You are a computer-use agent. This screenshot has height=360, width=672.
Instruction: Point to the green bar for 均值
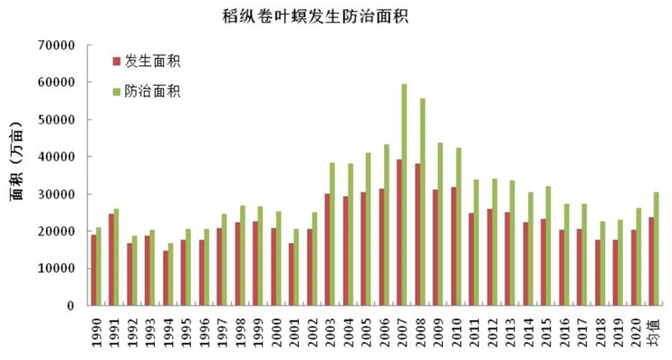[x=656, y=249]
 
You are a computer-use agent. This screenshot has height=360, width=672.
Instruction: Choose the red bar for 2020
[x=633, y=268]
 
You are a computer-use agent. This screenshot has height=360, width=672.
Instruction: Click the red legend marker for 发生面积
[x=116, y=62]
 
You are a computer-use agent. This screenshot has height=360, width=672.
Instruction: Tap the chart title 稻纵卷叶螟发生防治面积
[x=315, y=16]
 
